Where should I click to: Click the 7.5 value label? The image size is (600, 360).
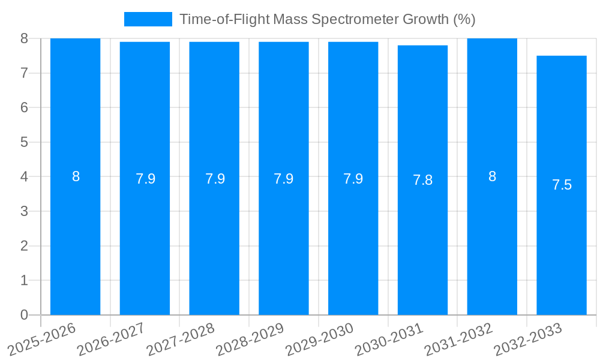pos(562,185)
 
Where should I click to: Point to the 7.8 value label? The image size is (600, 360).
pos(422,180)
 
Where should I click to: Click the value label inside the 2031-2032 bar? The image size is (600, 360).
pos(492,176)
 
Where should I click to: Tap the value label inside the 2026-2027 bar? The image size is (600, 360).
pos(145,179)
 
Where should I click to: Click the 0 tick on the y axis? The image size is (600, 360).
pos(24,315)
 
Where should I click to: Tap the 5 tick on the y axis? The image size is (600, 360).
pos(24,142)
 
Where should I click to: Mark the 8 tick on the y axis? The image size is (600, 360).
pos(24,38)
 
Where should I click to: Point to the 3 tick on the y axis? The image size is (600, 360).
pos(24,211)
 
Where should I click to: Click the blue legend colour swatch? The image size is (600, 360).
pos(148,19)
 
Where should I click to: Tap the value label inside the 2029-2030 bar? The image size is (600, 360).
pos(353,179)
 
